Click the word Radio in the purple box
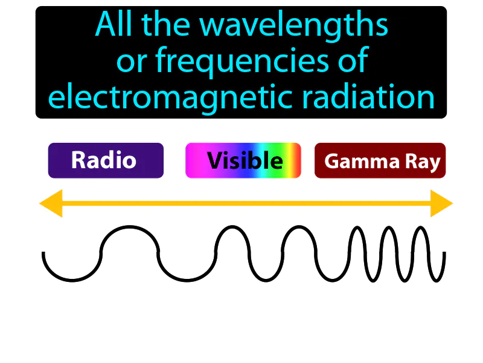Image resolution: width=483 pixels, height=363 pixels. pyautogui.click(x=103, y=160)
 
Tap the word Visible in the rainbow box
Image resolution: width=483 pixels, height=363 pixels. pyautogui.click(x=245, y=160)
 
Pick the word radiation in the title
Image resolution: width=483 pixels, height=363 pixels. pyautogui.click(x=379, y=97)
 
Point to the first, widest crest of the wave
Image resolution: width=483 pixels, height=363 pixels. pyautogui.click(x=129, y=228)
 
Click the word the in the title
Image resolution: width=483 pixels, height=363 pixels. pyautogui.click(x=165, y=26)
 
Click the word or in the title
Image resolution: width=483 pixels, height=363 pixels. pyautogui.click(x=130, y=63)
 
